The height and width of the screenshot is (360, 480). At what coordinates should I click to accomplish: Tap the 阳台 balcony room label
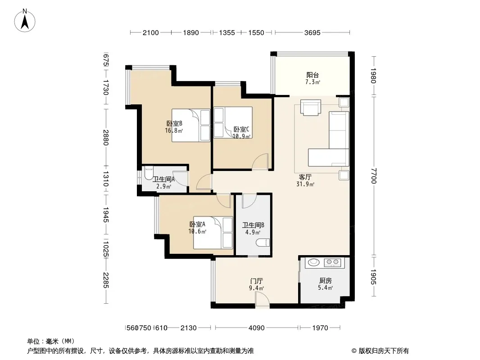pos(312,75)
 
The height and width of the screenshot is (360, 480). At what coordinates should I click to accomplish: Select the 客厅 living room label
pos(305,177)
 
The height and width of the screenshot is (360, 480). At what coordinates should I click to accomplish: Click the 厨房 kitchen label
pos(326,280)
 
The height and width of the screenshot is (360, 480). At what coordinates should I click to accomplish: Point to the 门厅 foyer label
pos(257,281)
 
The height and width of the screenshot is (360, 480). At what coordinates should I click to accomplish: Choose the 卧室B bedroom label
pos(175,124)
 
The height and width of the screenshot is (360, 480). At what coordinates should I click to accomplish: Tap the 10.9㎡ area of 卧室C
pos(242,136)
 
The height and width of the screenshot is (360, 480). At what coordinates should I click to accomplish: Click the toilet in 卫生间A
pos(149,173)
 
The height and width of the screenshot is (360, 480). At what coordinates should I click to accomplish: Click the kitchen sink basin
pos(313,262)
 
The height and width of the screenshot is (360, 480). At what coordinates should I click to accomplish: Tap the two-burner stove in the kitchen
pos(332,262)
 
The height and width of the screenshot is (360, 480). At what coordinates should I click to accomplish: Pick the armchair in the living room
pos(311,108)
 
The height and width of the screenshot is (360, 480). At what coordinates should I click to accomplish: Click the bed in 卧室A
pos(213,233)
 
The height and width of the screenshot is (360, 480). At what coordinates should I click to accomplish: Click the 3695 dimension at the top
pos(312,33)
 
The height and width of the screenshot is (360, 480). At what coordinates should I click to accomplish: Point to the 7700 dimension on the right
pos(373,176)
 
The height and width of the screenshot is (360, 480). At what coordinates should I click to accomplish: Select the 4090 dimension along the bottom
pos(257,328)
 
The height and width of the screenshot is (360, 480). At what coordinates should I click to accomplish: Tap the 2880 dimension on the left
pos(106,137)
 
